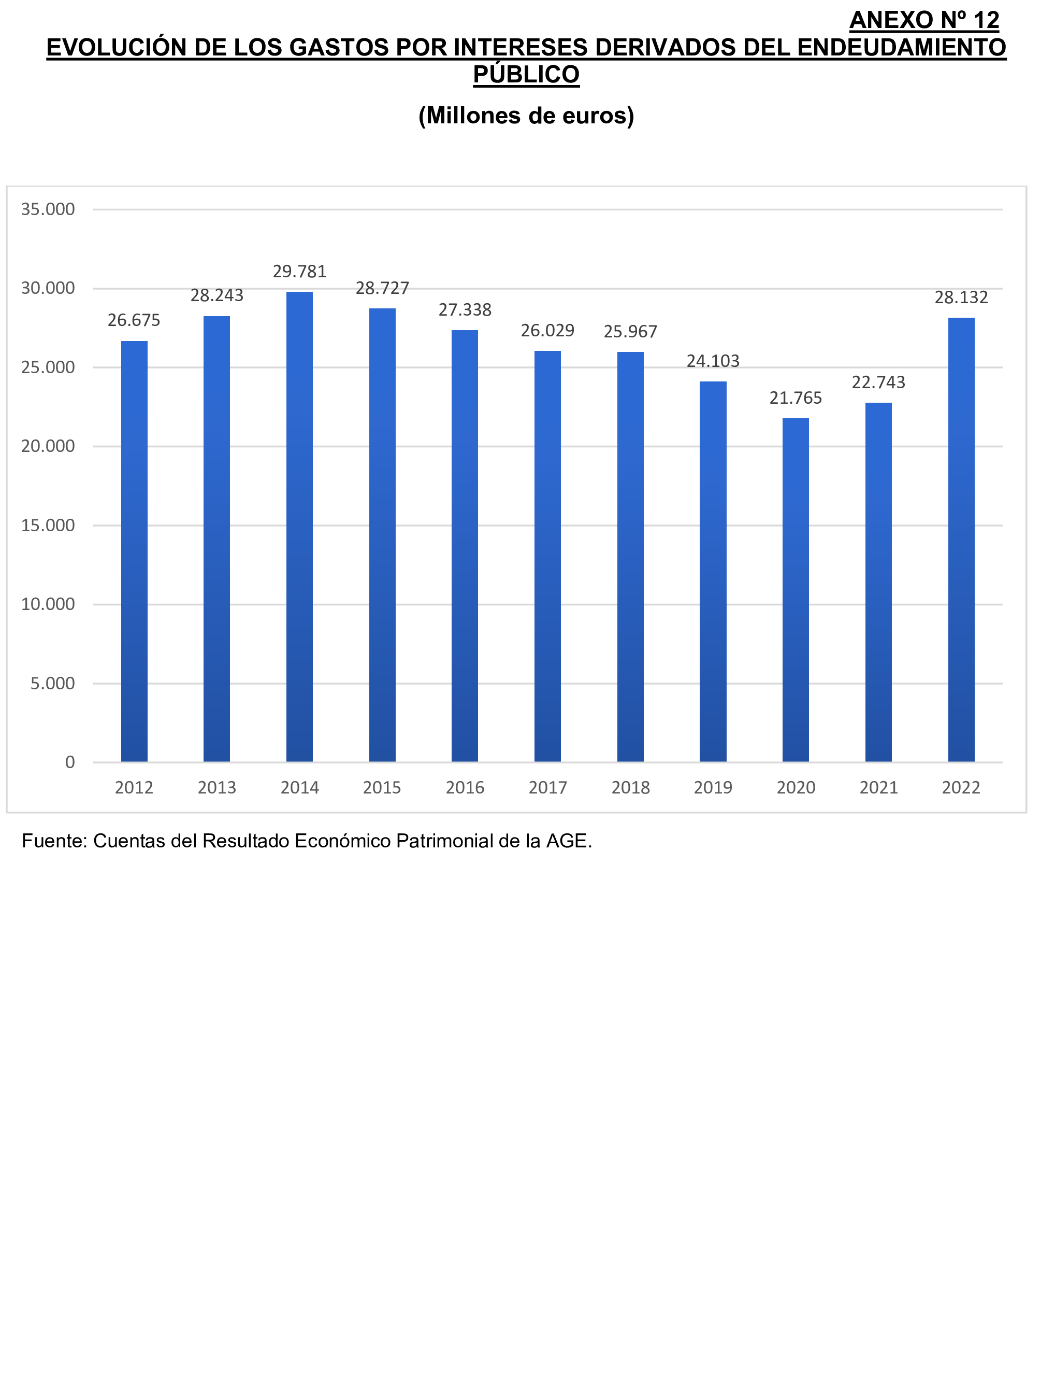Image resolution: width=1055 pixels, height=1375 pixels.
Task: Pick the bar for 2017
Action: click(x=547, y=556)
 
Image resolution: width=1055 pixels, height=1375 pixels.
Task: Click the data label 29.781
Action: click(x=299, y=272)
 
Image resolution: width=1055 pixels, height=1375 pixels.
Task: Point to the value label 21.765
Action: click(x=796, y=398)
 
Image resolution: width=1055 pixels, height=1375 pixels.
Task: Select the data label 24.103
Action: click(x=713, y=361)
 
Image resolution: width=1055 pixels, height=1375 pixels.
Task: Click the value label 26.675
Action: click(x=134, y=320)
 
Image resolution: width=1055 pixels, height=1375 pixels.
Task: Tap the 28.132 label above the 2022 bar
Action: click(x=961, y=297)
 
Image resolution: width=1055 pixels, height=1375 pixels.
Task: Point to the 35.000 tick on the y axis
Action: click(x=48, y=209)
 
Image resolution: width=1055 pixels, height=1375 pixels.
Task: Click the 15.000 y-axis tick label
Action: click(x=48, y=526)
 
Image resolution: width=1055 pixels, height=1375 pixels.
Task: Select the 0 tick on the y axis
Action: click(x=70, y=762)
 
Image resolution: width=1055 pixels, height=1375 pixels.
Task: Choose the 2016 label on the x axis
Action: click(x=465, y=787)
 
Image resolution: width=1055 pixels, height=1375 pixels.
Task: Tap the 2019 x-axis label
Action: click(x=713, y=787)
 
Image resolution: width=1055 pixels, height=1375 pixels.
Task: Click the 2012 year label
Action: click(x=134, y=787)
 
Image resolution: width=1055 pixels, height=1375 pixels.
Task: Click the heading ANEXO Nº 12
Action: click(x=924, y=20)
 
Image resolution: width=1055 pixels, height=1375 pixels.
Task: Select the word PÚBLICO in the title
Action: click(x=526, y=74)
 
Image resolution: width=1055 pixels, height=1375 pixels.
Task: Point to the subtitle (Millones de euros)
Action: click(x=526, y=116)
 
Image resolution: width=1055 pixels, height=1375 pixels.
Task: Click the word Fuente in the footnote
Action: click(x=53, y=841)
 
